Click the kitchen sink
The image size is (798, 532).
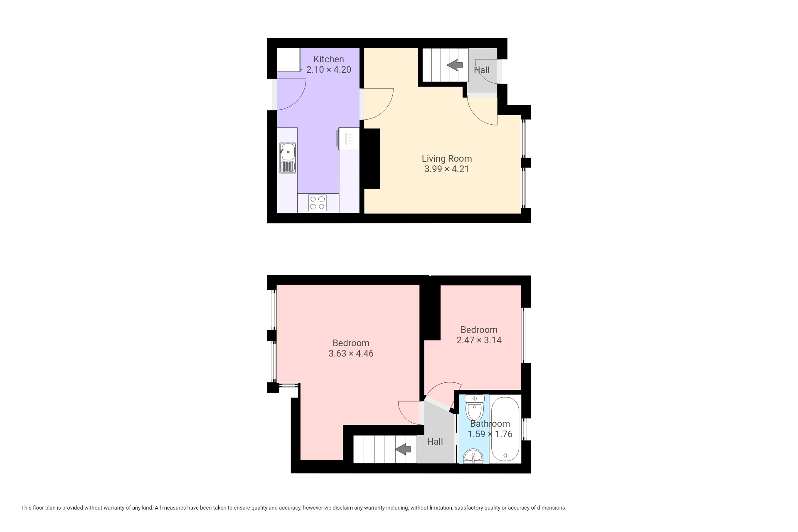click(288, 158)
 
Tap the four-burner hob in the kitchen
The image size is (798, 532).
click(317, 203)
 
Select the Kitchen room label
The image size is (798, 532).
click(329, 59)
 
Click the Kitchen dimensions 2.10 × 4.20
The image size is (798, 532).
click(329, 70)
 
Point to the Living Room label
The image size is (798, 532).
click(447, 158)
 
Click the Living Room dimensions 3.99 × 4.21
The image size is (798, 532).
click(447, 169)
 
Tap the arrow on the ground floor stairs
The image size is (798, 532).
click(455, 65)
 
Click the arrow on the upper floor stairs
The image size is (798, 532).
click(403, 449)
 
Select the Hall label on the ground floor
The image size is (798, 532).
click(482, 70)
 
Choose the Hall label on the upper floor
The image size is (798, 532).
click(435, 441)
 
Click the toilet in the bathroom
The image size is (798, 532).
click(474, 408)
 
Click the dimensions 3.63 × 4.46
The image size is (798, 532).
click(351, 354)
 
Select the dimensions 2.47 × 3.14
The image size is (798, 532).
click(479, 340)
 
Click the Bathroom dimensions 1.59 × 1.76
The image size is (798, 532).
click(490, 434)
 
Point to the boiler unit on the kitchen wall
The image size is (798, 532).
click(348, 138)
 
